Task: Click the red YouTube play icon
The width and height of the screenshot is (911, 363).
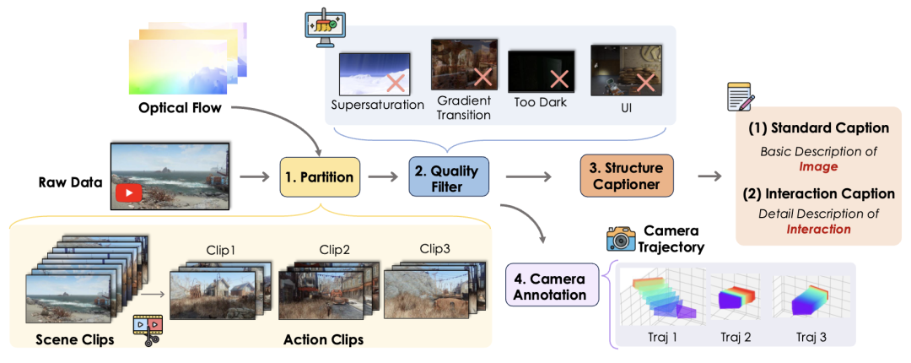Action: [129, 193]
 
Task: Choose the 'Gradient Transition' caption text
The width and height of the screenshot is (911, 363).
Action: [464, 107]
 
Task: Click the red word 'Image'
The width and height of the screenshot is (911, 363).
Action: [818, 166]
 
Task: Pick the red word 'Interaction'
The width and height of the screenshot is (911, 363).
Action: [818, 229]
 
